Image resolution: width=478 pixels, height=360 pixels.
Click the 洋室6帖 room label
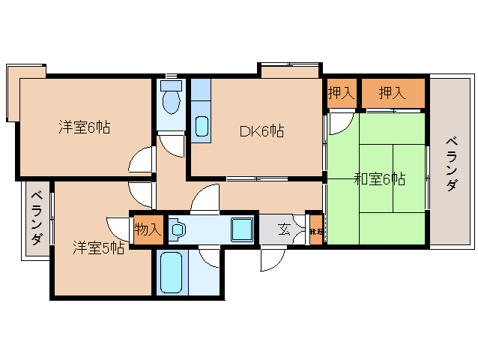(x=85, y=127)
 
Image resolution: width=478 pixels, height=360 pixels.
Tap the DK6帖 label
(x=261, y=130)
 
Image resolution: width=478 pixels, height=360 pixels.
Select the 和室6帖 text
(x=380, y=178)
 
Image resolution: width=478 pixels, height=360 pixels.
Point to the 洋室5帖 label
(x=98, y=247)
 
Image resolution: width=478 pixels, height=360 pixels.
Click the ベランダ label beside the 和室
(x=451, y=163)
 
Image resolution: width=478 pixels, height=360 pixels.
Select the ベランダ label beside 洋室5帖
(x=36, y=219)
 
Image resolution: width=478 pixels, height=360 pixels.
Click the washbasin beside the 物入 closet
(x=177, y=229)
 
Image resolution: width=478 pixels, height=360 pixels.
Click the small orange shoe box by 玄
(x=316, y=231)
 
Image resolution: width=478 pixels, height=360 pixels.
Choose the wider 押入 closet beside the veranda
(x=393, y=94)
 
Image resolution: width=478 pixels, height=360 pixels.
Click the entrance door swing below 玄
(x=270, y=259)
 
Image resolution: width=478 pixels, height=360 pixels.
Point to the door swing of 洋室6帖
(x=142, y=160)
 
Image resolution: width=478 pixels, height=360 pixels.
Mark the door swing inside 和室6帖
(x=341, y=119)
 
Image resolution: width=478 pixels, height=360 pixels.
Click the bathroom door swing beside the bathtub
(x=210, y=256)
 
